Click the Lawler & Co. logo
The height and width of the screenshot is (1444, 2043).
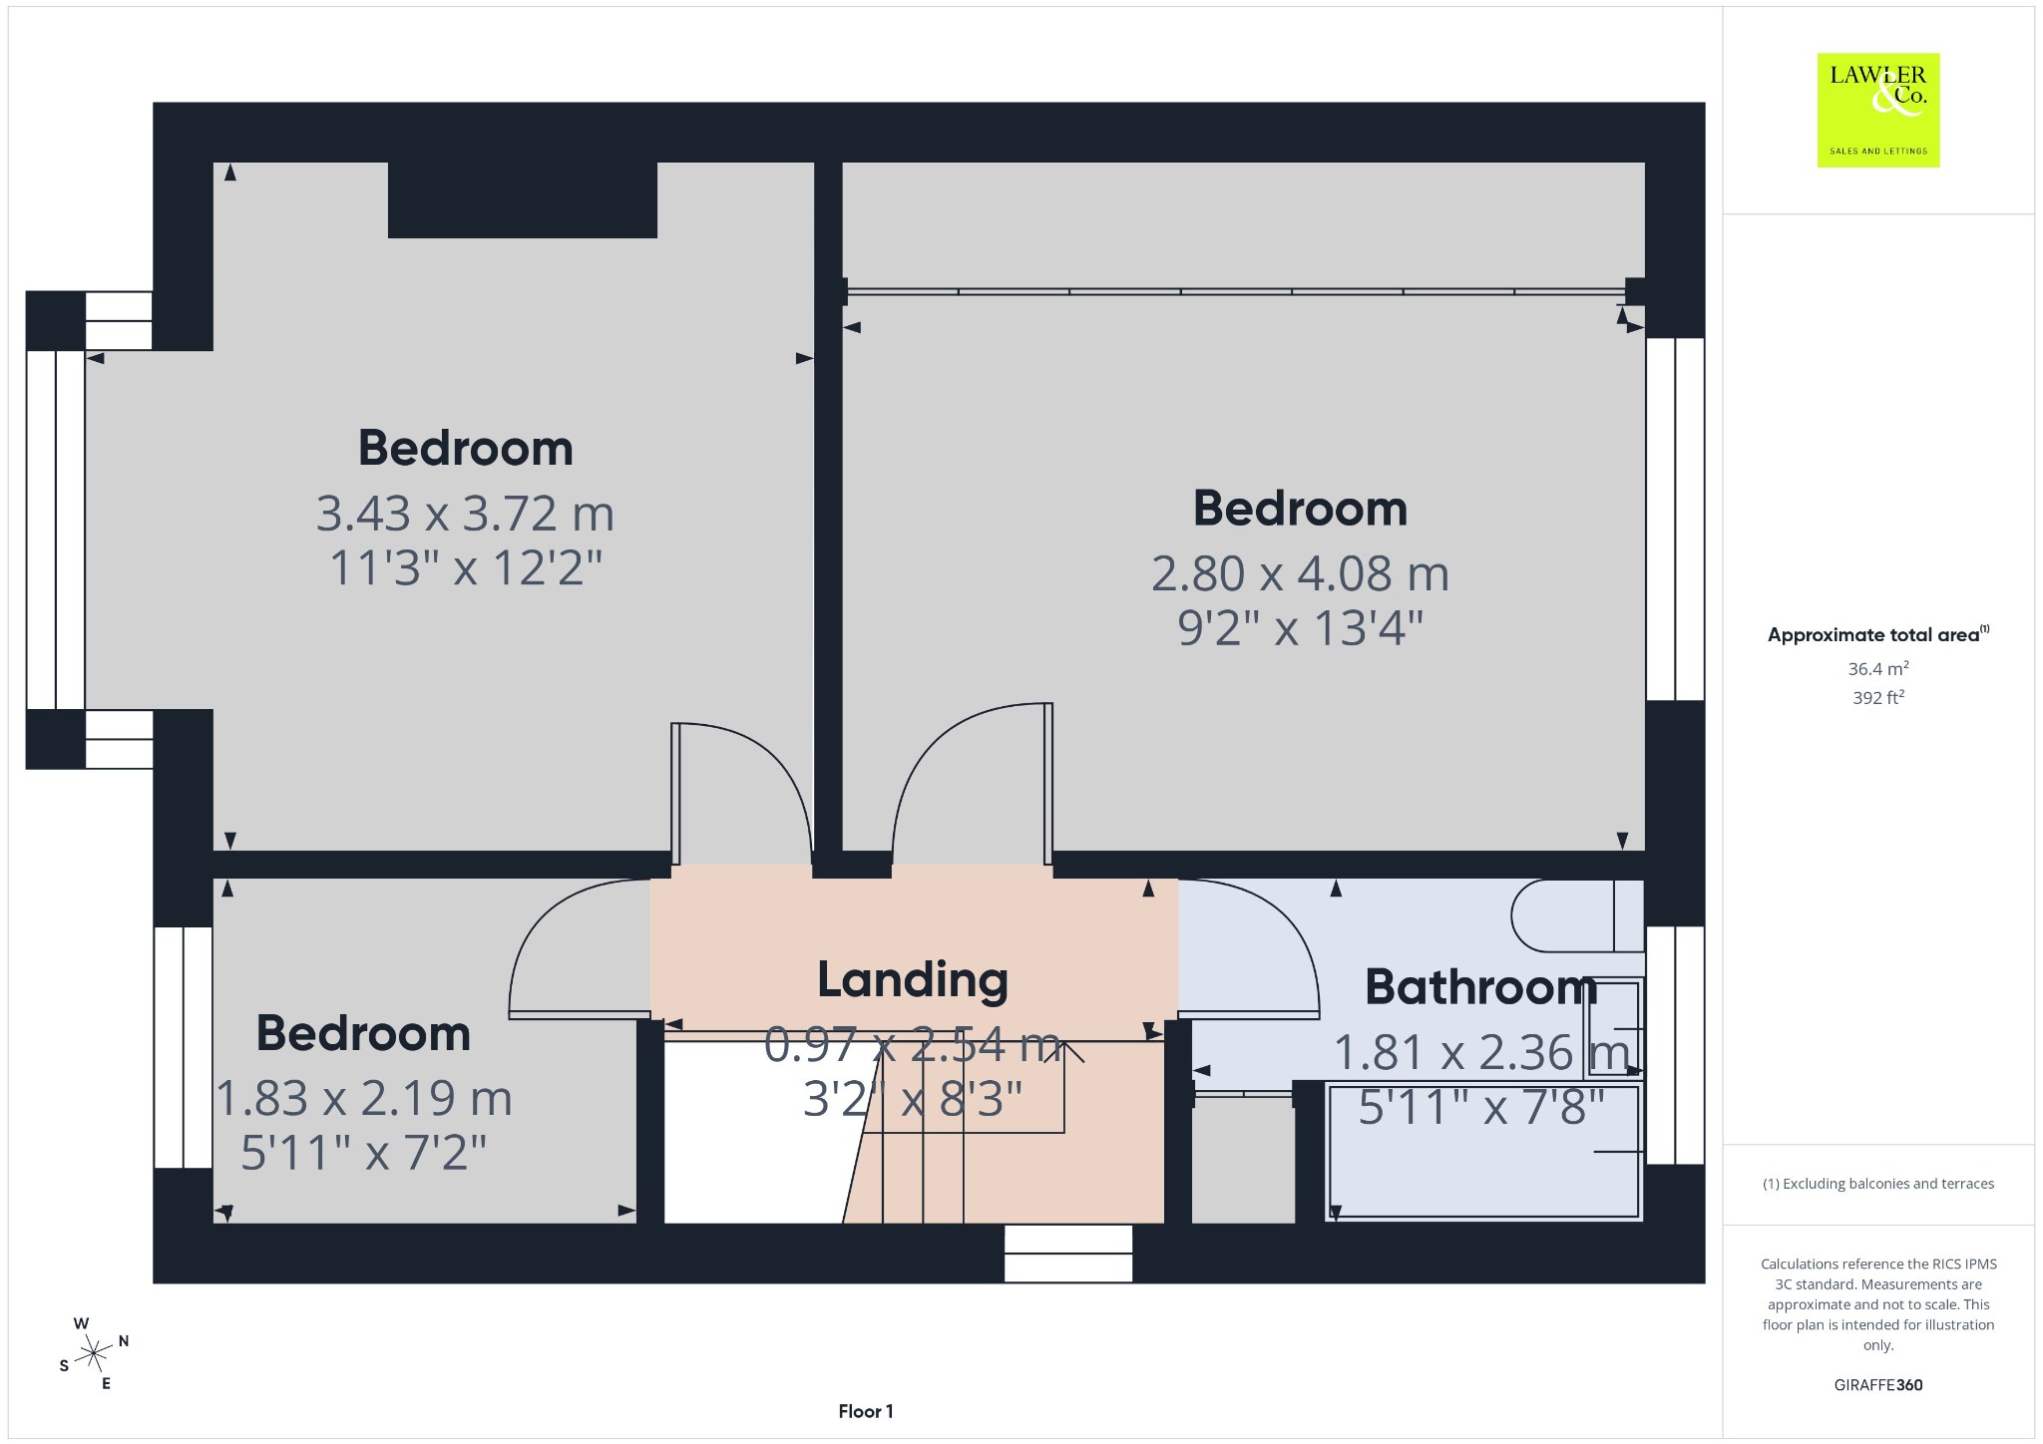pyautogui.click(x=1877, y=110)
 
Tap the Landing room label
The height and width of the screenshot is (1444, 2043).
pyautogui.click(x=913, y=979)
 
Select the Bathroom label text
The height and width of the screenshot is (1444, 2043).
pyautogui.click(x=1481, y=987)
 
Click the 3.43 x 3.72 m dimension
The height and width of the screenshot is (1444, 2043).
pyautogui.click(x=465, y=514)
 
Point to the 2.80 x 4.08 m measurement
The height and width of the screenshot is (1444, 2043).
pyautogui.click(x=1300, y=573)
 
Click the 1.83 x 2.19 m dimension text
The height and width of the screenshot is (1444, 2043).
pyautogui.click(x=364, y=1098)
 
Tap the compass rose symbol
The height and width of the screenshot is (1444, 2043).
pyautogui.click(x=94, y=1353)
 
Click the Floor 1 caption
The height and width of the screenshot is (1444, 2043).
pyautogui.click(x=866, y=1411)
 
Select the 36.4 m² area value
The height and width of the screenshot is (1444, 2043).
pyautogui.click(x=1878, y=669)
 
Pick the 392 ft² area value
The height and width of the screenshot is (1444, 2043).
pyautogui.click(x=1878, y=698)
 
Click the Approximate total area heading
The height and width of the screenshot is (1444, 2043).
pyautogui.click(x=1878, y=634)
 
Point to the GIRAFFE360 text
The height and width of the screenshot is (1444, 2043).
pyautogui.click(x=1878, y=1385)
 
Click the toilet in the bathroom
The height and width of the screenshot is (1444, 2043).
pyautogui.click(x=1577, y=914)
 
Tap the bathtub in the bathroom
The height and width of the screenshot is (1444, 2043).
pyautogui.click(x=1484, y=1153)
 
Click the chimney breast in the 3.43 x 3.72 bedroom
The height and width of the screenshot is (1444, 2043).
pyautogui.click(x=522, y=199)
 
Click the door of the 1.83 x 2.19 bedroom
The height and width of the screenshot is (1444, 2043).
pyautogui.click(x=580, y=948)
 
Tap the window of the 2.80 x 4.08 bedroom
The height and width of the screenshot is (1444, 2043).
pyautogui.click(x=1675, y=519)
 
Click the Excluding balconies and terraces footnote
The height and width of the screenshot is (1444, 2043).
pyautogui.click(x=1878, y=1184)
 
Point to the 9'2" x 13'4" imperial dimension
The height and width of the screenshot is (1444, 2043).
pyautogui.click(x=1300, y=628)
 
